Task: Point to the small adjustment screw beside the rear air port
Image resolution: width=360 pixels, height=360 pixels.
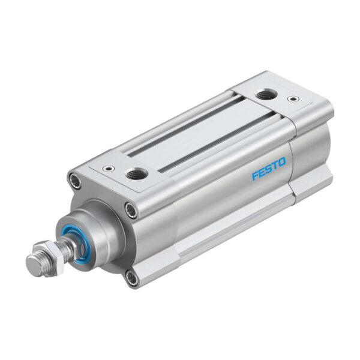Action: pyautogui.click(x=292, y=99)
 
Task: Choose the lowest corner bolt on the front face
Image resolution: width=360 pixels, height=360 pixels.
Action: pyautogui.click(x=131, y=277)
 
